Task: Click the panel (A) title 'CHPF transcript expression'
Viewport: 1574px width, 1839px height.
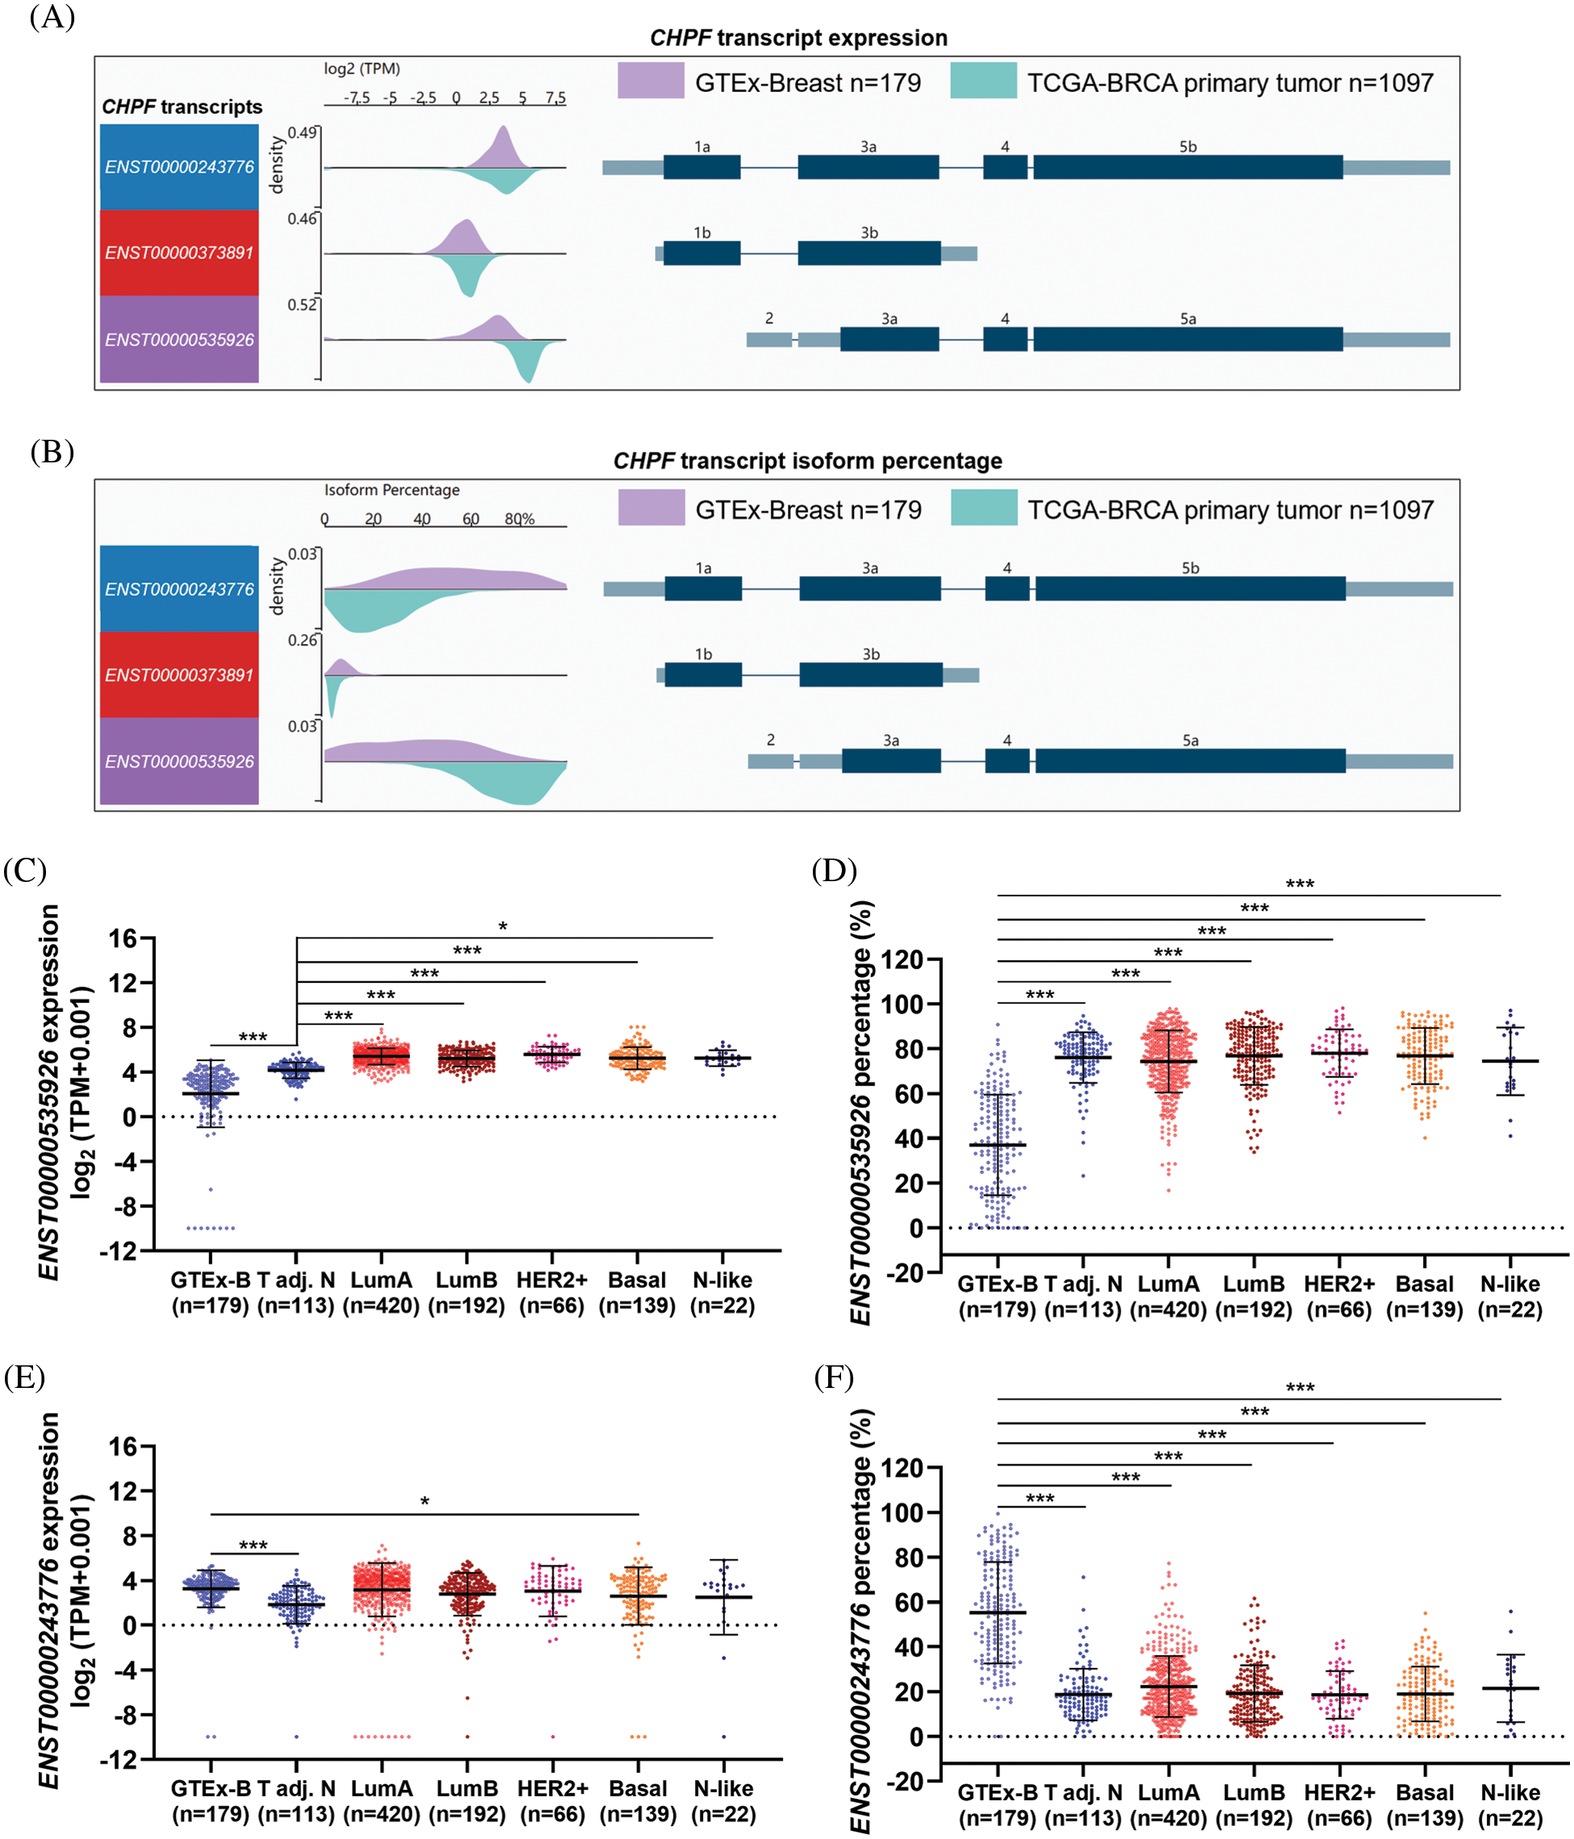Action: (798, 38)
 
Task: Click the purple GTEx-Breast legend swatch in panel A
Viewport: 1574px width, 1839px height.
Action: (651, 81)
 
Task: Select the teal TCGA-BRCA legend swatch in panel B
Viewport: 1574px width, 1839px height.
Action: (984, 508)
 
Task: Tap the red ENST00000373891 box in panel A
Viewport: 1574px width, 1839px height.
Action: (179, 253)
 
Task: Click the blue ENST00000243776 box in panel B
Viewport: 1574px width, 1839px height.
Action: (179, 588)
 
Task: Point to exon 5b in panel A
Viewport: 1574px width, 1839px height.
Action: (1188, 167)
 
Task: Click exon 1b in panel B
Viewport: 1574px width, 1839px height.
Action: (703, 675)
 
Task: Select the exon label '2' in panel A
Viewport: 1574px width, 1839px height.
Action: (768, 319)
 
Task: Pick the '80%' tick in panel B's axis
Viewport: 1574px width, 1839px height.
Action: (519, 519)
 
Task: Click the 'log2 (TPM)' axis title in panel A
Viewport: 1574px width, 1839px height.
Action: (362, 69)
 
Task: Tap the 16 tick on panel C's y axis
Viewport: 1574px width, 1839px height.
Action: (122, 938)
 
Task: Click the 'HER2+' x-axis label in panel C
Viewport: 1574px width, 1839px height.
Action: (551, 1280)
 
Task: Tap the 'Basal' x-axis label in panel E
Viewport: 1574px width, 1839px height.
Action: (638, 1788)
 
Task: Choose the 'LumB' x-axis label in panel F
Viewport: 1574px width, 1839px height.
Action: (1254, 1792)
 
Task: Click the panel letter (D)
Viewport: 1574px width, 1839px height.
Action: (835, 870)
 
